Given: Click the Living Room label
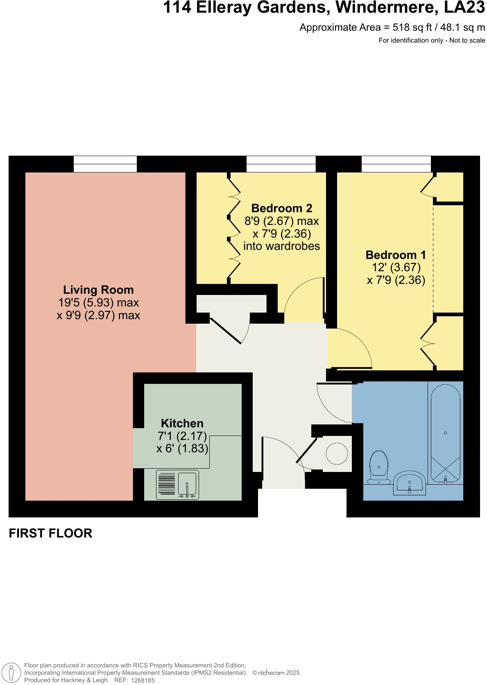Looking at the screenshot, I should tap(98, 290).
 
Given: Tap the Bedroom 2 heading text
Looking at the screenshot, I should tap(282, 208).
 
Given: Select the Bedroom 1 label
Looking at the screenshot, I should tap(396, 255).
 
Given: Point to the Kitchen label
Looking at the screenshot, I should tap(182, 423).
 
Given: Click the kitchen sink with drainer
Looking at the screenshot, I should tap(177, 485).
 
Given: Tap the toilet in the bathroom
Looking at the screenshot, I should tap(379, 467).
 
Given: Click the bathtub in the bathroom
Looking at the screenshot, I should tap(445, 433).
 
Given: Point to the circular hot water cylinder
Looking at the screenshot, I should tap(337, 454).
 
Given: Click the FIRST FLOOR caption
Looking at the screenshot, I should tap(50, 533).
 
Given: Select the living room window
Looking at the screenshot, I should tap(105, 164).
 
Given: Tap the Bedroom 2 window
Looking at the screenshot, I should tap(281, 164).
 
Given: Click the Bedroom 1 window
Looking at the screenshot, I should tap(396, 164).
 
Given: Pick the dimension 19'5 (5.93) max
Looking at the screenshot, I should tap(99, 303).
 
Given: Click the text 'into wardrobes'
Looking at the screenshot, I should tap(282, 246).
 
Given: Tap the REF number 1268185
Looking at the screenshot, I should tap(143, 680).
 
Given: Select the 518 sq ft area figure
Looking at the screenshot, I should tap(412, 27).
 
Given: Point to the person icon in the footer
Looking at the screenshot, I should tap(11, 673).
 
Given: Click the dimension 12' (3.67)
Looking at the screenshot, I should tap(396, 268).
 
